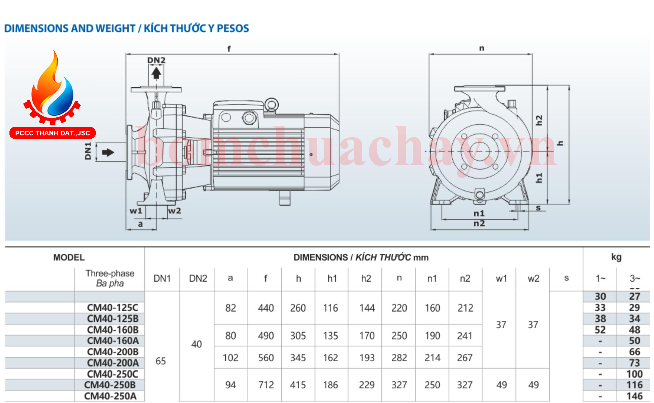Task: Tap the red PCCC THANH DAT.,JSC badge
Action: coord(53,133)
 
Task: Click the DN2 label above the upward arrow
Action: coord(156,60)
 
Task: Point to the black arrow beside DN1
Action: coord(108,153)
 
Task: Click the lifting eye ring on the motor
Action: coord(271,105)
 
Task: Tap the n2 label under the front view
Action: coord(479,224)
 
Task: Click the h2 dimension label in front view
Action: coord(539,120)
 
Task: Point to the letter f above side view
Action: coord(229,49)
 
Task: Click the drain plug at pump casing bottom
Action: coord(480,195)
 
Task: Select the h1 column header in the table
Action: coord(332,278)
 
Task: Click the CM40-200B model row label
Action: coord(113,352)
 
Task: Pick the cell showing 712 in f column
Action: coord(266,385)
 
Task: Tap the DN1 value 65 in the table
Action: coord(161,361)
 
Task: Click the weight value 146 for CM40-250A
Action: coord(634,396)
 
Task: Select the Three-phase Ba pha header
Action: coord(110,278)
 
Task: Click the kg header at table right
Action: coord(616,257)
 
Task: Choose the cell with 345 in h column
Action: coord(298,358)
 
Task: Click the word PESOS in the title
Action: coord(233,28)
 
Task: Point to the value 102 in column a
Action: coord(230,358)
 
